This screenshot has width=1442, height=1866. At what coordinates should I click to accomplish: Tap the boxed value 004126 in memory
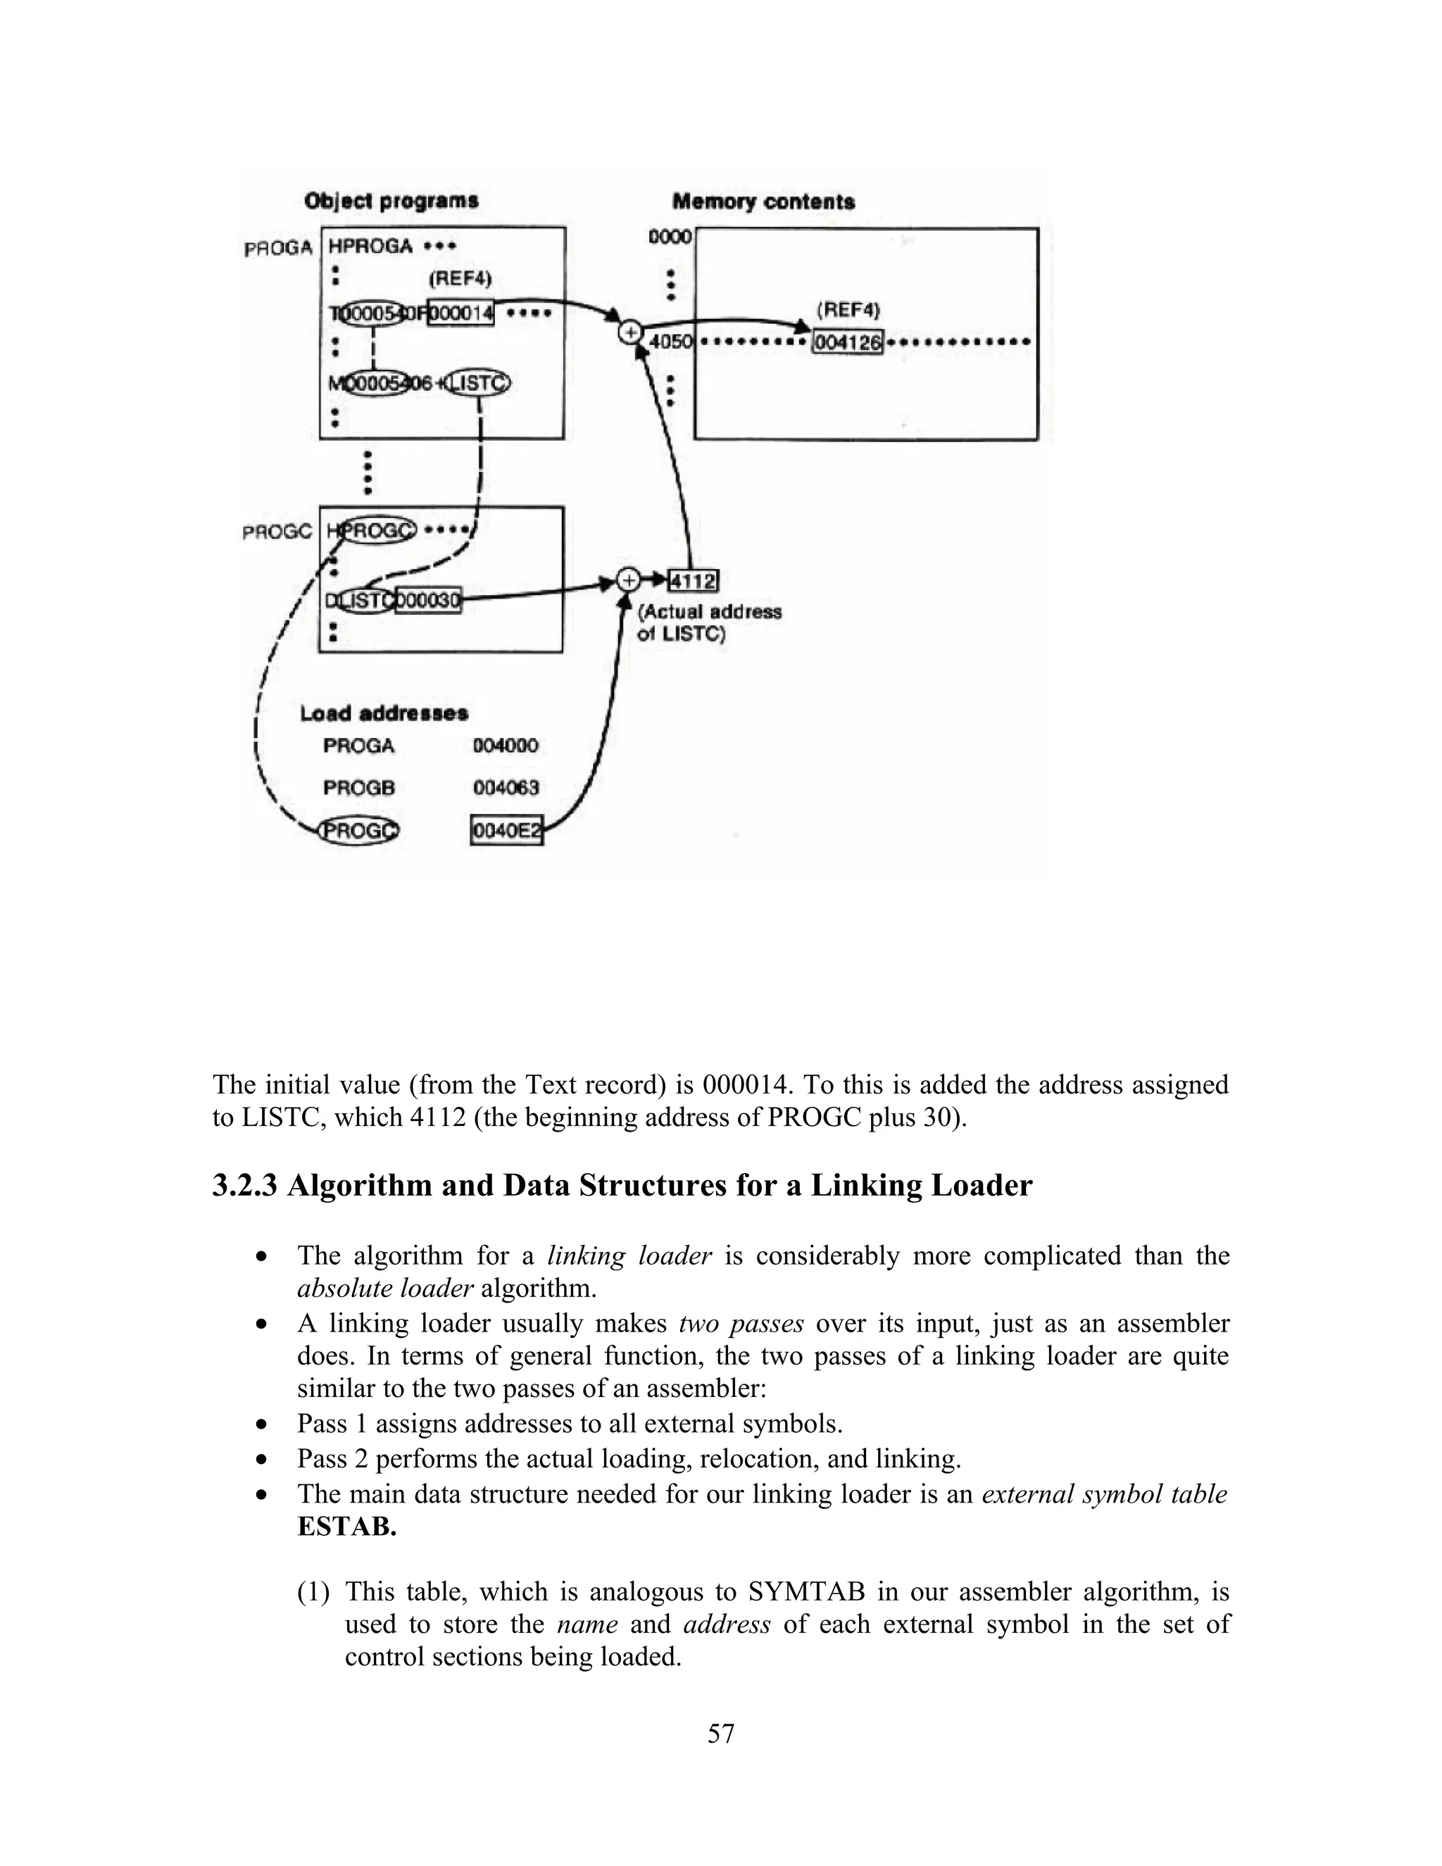[846, 343]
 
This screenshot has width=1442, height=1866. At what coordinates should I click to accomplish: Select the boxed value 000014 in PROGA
[460, 313]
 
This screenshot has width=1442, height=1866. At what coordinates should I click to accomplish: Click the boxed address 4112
[693, 581]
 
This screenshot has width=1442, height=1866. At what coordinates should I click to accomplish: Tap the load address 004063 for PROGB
[506, 787]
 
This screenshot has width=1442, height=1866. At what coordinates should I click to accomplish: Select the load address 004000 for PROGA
[506, 745]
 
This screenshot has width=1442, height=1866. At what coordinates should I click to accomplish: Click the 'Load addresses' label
[384, 713]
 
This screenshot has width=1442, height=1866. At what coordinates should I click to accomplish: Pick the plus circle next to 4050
[629, 332]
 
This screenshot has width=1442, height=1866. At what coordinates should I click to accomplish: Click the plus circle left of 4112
[628, 581]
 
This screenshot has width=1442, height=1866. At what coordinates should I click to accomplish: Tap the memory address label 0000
[670, 237]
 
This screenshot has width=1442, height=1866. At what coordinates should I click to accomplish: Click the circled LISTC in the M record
[478, 383]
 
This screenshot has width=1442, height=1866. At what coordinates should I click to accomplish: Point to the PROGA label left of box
[277, 248]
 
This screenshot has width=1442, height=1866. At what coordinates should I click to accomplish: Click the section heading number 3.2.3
[244, 1186]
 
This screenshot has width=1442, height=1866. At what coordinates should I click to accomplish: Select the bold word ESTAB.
[346, 1527]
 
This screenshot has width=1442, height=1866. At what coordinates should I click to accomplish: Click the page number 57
[720, 1734]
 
